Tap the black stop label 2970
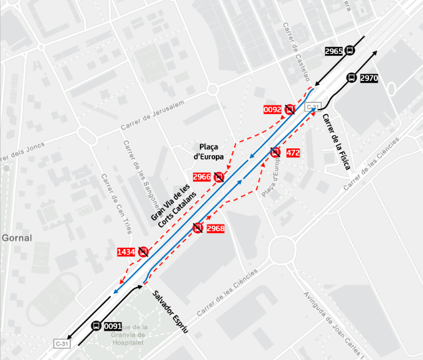coord(369,78)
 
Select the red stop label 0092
coord(272,110)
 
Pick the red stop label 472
coord(293,153)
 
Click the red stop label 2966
coord(202,177)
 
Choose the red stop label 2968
coord(216,229)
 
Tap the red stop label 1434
coord(126,251)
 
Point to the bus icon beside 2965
coord(349,52)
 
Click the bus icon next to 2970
coord(351,78)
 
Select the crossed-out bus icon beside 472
coord(276,152)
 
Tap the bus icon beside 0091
coord(96,326)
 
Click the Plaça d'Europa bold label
coord(208,151)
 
